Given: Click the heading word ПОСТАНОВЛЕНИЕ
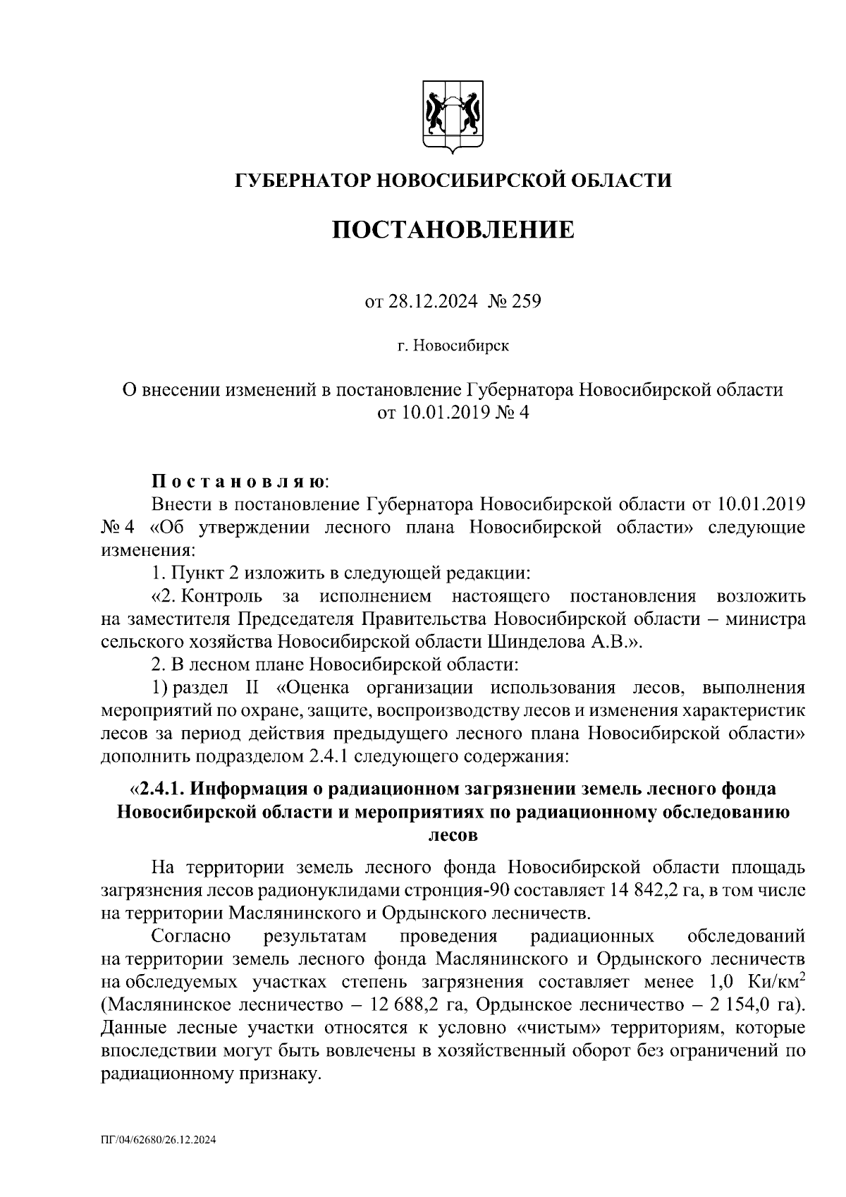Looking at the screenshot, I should click(x=453, y=230).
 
